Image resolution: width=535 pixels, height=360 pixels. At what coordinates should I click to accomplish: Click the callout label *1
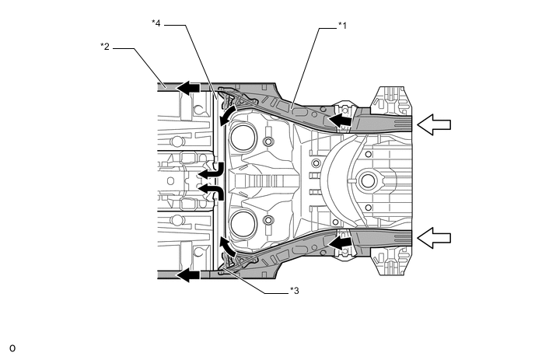click(x=341, y=26)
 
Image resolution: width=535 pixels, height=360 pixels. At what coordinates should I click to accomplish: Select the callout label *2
click(x=104, y=47)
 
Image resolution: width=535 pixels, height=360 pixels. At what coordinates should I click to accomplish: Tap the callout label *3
click(x=295, y=291)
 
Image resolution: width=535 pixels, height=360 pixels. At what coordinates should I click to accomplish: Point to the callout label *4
click(x=156, y=23)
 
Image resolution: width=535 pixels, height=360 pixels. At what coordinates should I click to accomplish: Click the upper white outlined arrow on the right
click(x=433, y=124)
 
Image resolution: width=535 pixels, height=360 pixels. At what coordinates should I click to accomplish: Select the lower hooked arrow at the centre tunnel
click(x=212, y=190)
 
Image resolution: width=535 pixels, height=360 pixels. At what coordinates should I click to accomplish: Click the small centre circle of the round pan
click(x=367, y=183)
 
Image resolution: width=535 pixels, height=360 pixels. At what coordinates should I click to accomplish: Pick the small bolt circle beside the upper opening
click(x=268, y=142)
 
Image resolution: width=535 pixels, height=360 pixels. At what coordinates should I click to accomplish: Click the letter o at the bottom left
click(x=12, y=346)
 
